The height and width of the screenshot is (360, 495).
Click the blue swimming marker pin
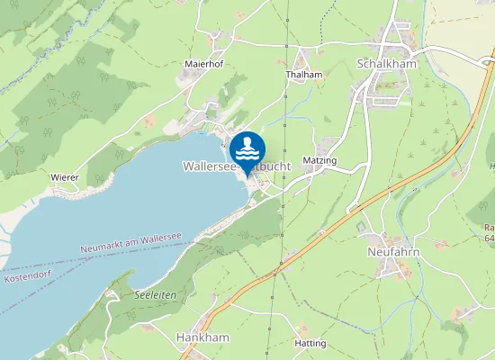(x=247, y=149)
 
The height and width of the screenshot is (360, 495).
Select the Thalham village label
(x=303, y=75)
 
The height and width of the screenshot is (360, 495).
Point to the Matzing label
(x=319, y=160)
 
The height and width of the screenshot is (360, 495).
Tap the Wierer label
(x=65, y=177)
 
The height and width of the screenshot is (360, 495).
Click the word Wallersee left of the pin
(x=210, y=166)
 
